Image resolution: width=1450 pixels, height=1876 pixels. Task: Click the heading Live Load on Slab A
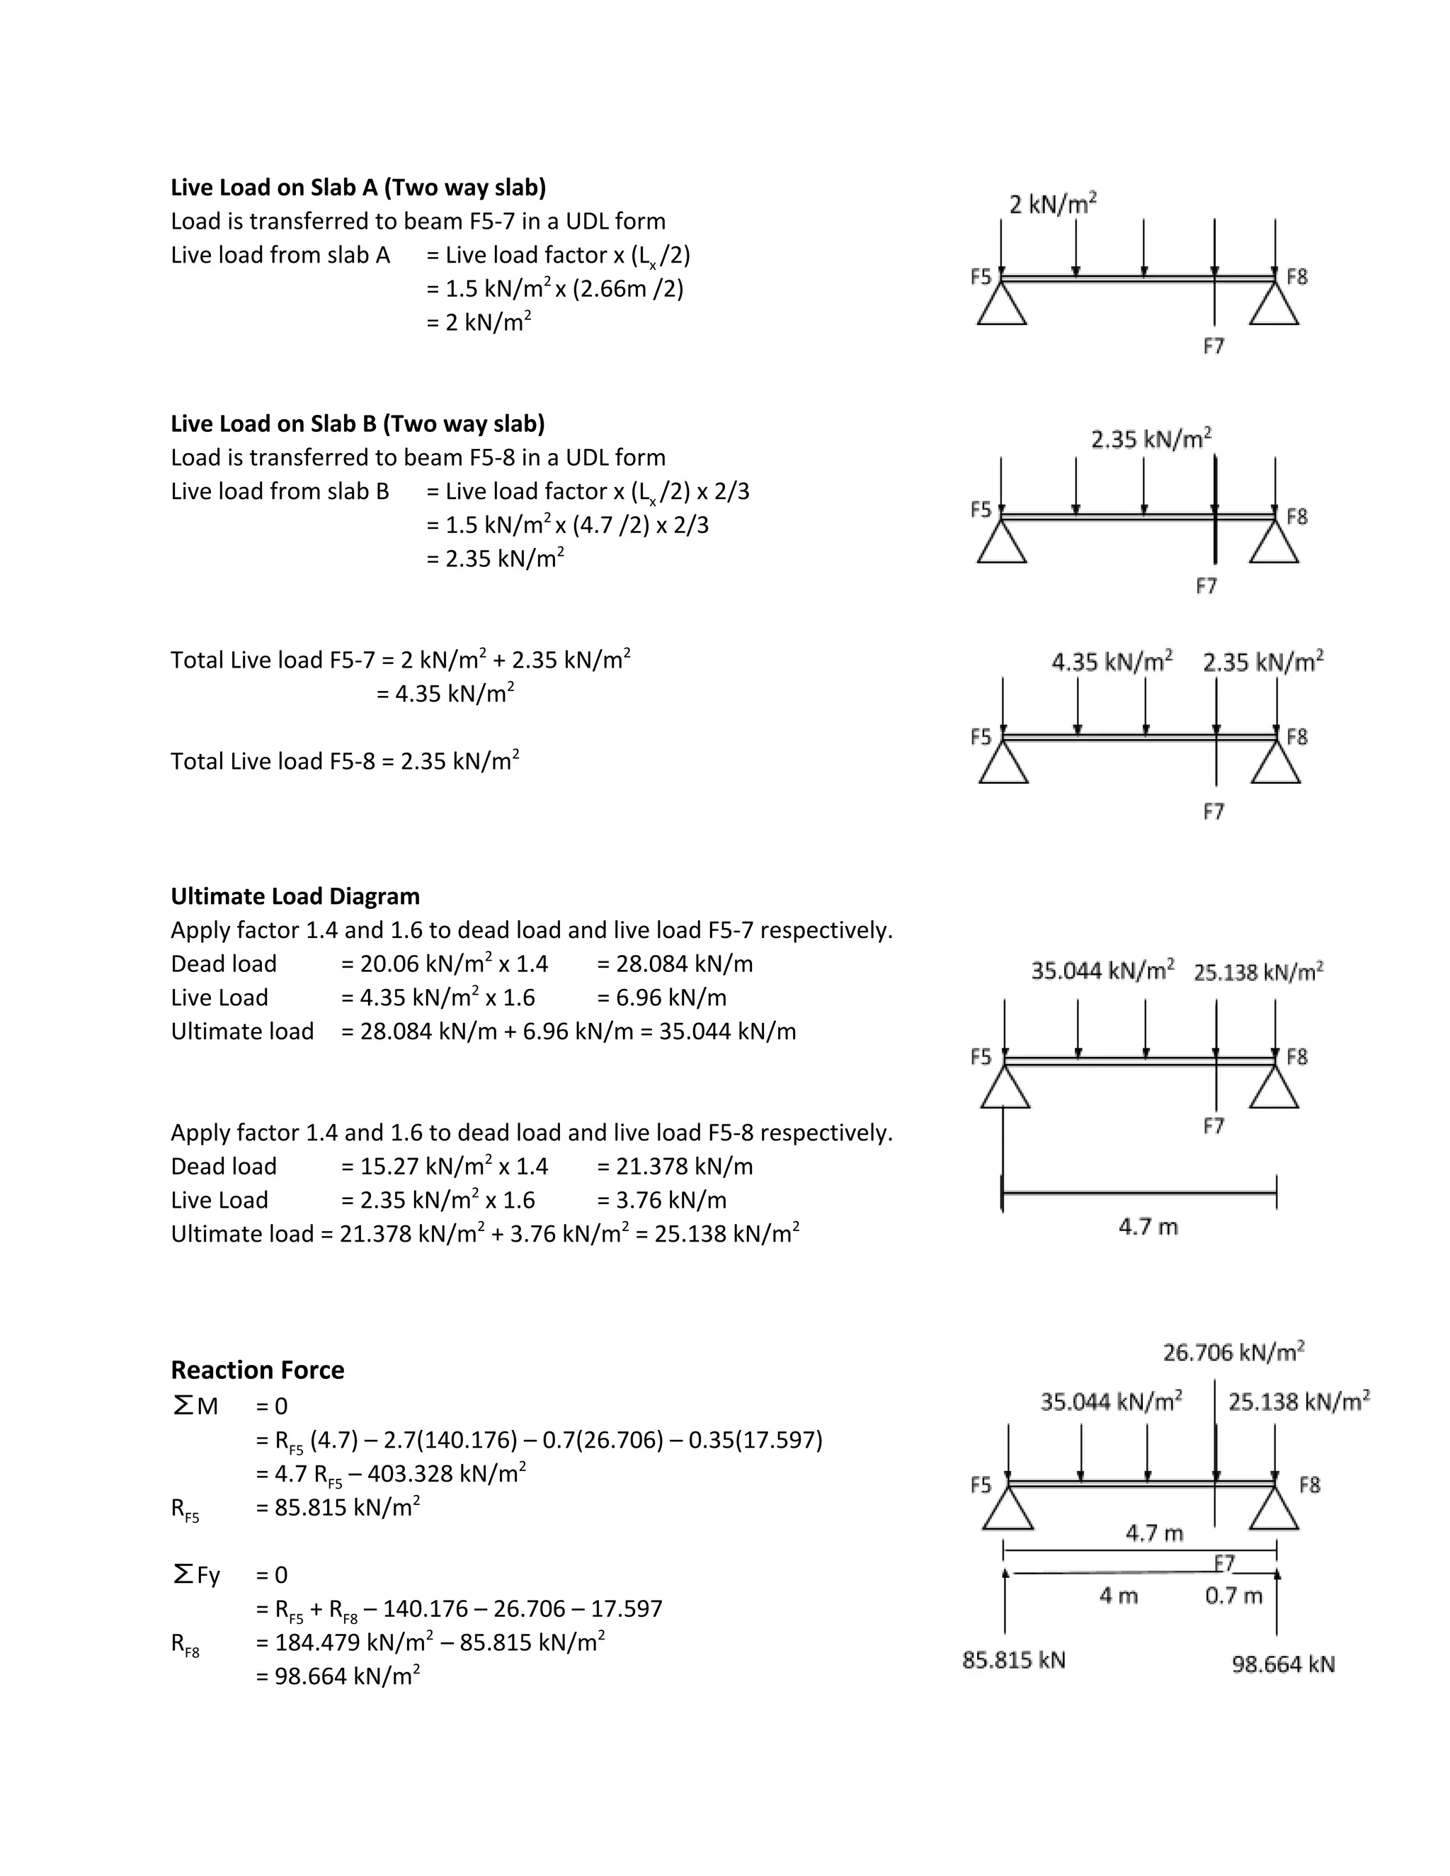click(358, 188)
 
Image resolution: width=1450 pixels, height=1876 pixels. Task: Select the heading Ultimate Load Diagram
click(295, 896)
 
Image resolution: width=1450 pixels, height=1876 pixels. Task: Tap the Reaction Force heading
click(257, 1369)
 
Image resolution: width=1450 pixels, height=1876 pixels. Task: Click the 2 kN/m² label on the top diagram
click(1053, 205)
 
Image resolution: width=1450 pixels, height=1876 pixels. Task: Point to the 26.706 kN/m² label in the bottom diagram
click(1233, 1352)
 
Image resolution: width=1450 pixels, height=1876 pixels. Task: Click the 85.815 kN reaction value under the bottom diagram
click(1014, 1659)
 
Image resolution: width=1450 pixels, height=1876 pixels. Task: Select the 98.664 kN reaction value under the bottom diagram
click(1284, 1664)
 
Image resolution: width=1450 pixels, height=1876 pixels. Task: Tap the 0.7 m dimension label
click(1233, 1595)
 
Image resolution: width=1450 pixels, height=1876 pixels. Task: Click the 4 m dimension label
click(1119, 1595)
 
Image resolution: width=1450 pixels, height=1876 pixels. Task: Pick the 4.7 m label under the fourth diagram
click(1148, 1227)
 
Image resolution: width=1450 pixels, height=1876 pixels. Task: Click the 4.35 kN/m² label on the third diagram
click(1112, 663)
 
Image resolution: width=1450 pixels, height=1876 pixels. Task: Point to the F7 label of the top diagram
click(1213, 346)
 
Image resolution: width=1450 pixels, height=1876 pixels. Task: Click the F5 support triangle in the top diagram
click(1002, 306)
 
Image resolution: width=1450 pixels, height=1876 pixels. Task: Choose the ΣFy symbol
click(196, 1574)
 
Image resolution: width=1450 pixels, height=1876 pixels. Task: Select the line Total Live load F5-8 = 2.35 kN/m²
click(345, 761)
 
